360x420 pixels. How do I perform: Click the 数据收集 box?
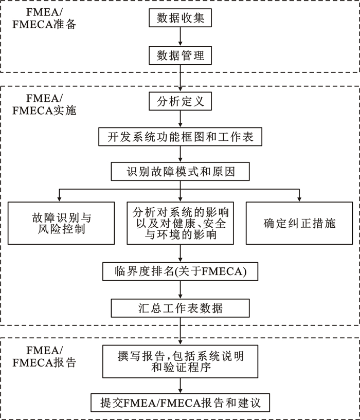click(x=180, y=19)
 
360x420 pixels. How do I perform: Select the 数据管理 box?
click(x=180, y=55)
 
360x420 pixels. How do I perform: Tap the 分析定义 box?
click(x=180, y=101)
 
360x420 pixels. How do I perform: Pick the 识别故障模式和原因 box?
click(x=180, y=171)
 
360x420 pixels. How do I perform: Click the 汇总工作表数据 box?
click(x=180, y=308)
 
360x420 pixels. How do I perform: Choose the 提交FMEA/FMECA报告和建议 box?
click(x=180, y=402)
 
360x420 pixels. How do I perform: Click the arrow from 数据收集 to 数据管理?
click(x=180, y=37)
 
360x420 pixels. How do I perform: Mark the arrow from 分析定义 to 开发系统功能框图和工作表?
click(x=180, y=119)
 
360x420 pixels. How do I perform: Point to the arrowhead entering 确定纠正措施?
click(x=299, y=199)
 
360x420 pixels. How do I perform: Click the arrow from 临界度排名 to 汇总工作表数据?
click(x=180, y=290)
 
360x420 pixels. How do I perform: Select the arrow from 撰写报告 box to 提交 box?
click(x=180, y=386)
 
